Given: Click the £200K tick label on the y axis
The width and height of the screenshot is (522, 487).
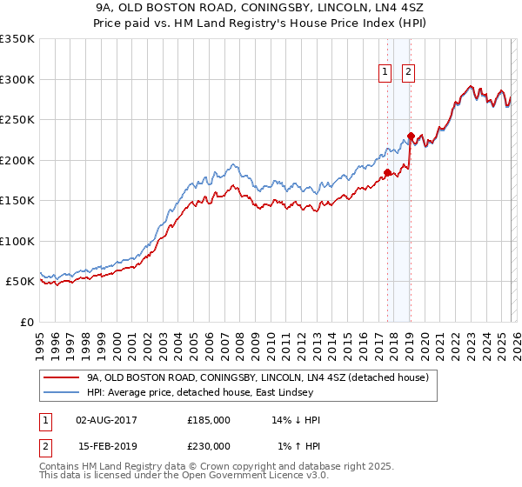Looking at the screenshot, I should [x=17, y=160].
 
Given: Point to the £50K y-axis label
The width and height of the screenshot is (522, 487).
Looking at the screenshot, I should [x=20, y=282].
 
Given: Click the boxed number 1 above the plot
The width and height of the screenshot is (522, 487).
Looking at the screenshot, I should [x=385, y=73].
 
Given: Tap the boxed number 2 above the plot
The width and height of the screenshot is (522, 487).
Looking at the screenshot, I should [x=408, y=73].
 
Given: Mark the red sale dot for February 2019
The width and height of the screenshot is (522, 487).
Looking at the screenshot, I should [x=411, y=136].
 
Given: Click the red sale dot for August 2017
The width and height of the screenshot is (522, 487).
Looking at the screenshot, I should [x=387, y=172].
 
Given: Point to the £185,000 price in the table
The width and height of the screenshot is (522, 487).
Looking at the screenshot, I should [x=209, y=420].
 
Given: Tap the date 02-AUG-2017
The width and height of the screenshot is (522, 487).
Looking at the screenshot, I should [x=107, y=420].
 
